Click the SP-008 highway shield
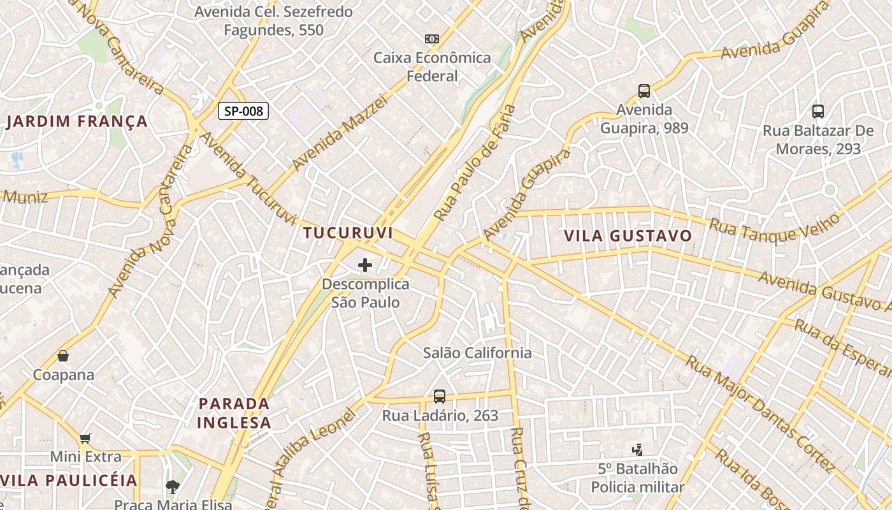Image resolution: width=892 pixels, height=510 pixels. click(243, 111)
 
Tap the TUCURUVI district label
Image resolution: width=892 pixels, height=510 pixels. click(348, 233)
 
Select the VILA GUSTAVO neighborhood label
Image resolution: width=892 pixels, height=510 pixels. click(628, 236)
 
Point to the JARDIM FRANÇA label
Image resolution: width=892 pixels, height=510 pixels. click(77, 121)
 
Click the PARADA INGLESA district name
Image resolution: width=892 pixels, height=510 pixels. click(234, 412)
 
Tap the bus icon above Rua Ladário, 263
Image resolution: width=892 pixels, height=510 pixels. click(440, 396)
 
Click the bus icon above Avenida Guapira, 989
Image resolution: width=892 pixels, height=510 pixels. click(644, 91)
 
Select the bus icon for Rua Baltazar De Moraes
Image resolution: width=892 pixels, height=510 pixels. click(818, 112)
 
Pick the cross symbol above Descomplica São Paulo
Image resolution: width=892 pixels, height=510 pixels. click(365, 265)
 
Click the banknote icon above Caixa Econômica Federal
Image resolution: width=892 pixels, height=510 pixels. click(432, 39)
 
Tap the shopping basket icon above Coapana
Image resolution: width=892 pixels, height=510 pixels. click(63, 356)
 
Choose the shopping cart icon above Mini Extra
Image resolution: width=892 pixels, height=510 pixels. click(85, 438)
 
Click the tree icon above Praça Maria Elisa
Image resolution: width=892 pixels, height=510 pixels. click(172, 487)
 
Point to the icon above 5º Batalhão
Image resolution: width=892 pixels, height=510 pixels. click(637, 450)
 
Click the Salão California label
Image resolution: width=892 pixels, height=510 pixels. click(477, 353)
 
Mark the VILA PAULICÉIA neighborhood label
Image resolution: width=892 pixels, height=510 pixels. click(69, 480)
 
